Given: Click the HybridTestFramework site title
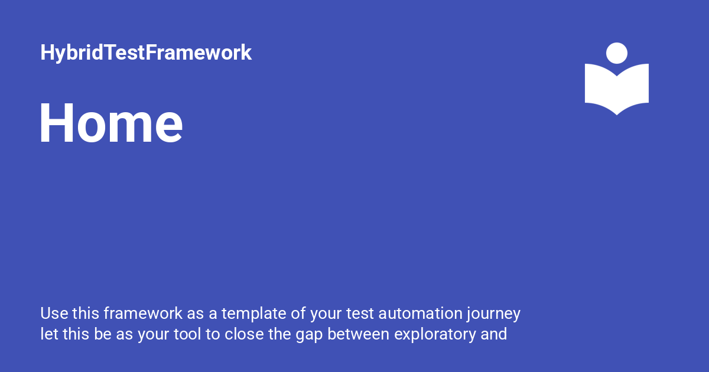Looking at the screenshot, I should pyautogui.click(x=146, y=53).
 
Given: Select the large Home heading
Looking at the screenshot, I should pyautogui.click(x=111, y=123).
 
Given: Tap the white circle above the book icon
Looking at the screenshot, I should pyautogui.click(x=617, y=53).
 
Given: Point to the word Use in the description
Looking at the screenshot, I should pyautogui.click(x=52, y=312).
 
